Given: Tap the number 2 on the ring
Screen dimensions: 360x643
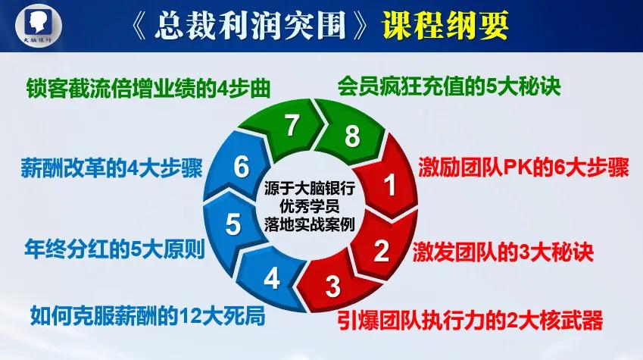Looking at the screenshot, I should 381,249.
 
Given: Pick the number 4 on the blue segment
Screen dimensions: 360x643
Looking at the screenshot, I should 271,279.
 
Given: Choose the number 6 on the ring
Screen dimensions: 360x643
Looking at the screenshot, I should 242,166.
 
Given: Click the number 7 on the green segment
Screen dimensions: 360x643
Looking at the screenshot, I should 292,126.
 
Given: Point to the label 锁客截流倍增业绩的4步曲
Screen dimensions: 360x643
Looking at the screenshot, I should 148,86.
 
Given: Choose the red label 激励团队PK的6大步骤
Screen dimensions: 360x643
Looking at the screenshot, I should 523,167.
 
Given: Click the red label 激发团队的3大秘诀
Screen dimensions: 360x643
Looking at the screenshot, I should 502,249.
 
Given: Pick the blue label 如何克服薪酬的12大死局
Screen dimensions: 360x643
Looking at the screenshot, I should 148,312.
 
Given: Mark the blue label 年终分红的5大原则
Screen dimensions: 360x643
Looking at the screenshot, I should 114,248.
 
